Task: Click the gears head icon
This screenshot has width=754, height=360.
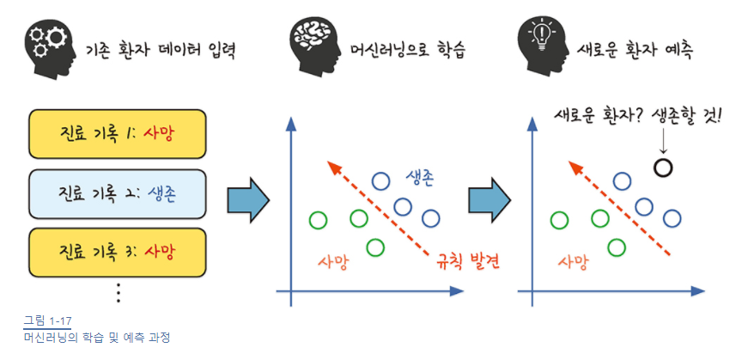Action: [x=48, y=45]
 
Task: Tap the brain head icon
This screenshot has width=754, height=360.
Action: [x=312, y=43]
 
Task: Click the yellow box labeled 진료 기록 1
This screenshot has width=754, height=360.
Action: [x=118, y=133]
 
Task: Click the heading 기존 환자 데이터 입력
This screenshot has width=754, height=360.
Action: [x=161, y=48]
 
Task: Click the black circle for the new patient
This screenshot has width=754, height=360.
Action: [x=661, y=167]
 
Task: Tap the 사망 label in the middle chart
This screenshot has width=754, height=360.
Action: [x=332, y=261]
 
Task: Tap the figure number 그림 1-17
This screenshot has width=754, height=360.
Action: [x=48, y=322]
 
